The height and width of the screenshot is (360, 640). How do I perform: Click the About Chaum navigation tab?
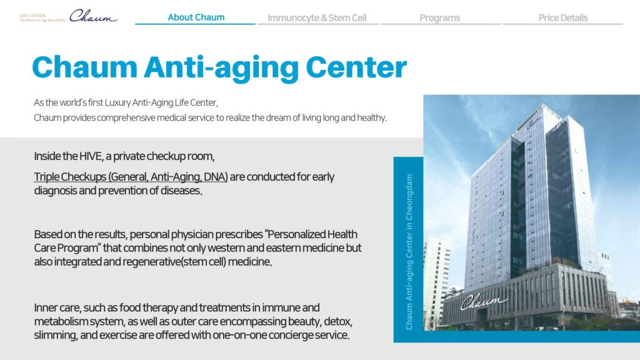[x=196, y=17]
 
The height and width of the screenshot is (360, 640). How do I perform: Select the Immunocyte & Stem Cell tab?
[x=317, y=18]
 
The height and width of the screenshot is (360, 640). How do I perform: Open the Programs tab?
[x=439, y=18]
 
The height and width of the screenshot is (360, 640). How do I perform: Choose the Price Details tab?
[x=563, y=18]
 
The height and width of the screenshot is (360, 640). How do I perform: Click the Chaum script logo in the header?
[x=94, y=16]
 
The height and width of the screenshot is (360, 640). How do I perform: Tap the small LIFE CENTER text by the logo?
[x=32, y=16]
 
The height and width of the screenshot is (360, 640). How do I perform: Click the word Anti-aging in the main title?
[x=221, y=67]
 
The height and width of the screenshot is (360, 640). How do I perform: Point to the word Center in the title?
[x=356, y=67]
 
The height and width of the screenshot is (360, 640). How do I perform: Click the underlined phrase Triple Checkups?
[x=70, y=177]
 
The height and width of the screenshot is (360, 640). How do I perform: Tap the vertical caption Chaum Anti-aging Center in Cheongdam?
[x=409, y=252]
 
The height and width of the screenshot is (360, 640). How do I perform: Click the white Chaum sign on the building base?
[x=484, y=302]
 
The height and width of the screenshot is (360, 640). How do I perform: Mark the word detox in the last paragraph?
[x=337, y=322]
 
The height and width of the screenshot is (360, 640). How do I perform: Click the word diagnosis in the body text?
[x=56, y=191]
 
